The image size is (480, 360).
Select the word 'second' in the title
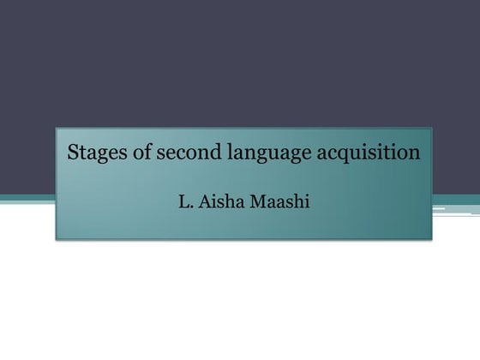pos(172,154)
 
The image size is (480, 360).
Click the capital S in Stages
pos(71,154)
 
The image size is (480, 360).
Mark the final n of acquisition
pos(415,156)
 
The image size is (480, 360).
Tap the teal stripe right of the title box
pos(454,199)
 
